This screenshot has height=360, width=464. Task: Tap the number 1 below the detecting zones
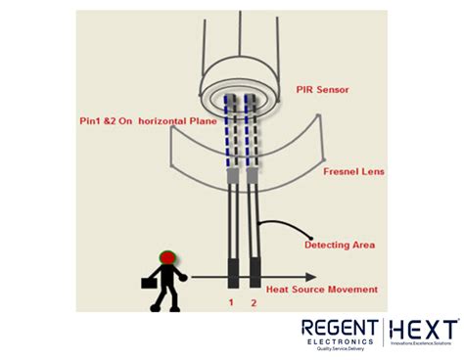click(x=231, y=304)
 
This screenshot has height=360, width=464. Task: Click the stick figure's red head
click(x=167, y=258)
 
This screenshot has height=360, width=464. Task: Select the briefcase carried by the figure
click(x=148, y=282)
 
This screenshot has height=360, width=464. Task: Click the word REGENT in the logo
click(x=341, y=329)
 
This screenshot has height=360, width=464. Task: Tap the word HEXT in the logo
click(x=424, y=329)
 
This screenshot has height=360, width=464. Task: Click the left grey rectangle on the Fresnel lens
click(x=233, y=175)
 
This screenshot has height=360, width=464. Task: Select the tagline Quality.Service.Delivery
click(x=341, y=349)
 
